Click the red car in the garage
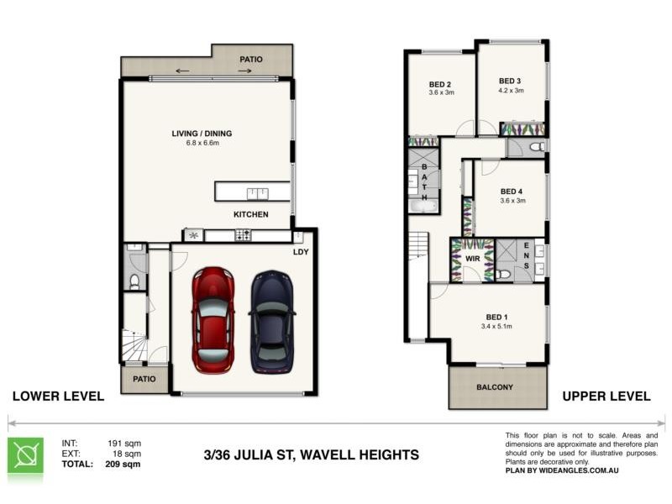(x=213, y=319)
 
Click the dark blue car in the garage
(x=272, y=321)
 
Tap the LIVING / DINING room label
(x=202, y=134)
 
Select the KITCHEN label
(x=251, y=215)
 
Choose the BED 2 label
(x=441, y=84)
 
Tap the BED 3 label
(x=511, y=81)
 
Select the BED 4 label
(x=512, y=192)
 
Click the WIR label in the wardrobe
(x=472, y=260)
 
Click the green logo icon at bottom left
(x=25, y=455)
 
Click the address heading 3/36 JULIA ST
(x=311, y=455)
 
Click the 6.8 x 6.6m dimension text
(x=202, y=144)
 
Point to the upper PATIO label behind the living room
(x=251, y=60)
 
